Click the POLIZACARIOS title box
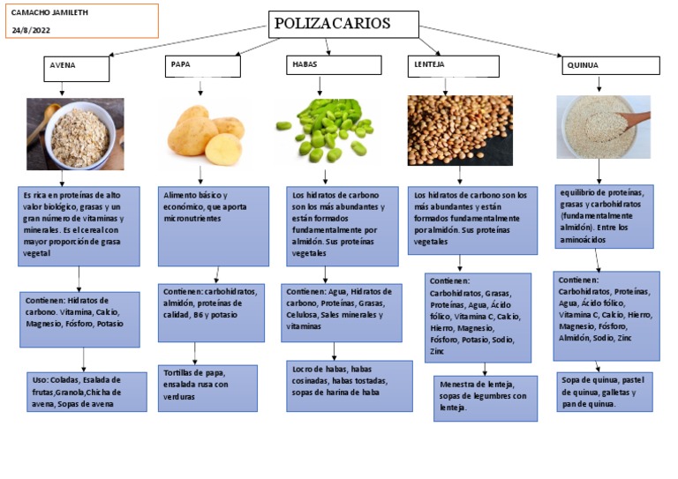pos(343,24)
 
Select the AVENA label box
pos(77,67)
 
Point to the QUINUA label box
pos(610,65)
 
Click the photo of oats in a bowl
pos(75,133)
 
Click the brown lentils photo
pos(460,130)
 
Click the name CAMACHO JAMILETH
pos(49,13)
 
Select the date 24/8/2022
pos(31,30)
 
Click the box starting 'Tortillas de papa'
pos(207,388)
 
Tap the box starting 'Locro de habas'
pos(349,385)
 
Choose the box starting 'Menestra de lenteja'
pos(485,398)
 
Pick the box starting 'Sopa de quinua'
pos(604,392)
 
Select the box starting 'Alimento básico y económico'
pos(213,226)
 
